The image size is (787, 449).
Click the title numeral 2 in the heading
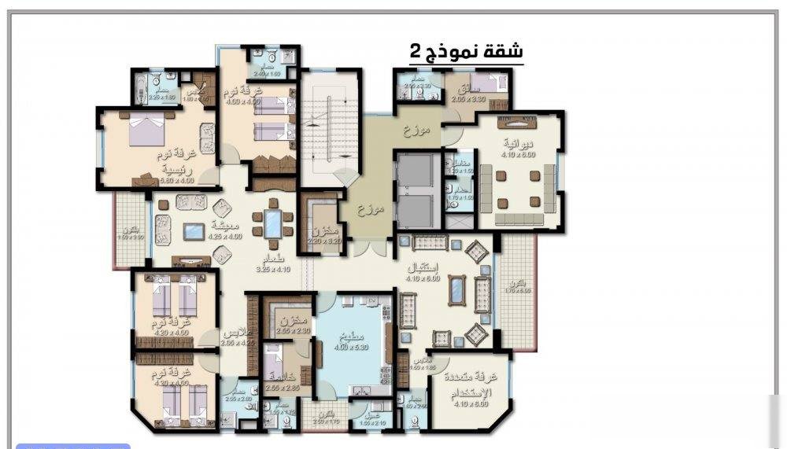[x=415, y=52]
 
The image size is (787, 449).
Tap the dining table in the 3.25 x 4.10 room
[x=272, y=223]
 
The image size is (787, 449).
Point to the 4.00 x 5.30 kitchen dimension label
[x=351, y=348]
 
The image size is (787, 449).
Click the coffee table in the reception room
[x=457, y=289]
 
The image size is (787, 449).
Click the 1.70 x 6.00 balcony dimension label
[x=517, y=290]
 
